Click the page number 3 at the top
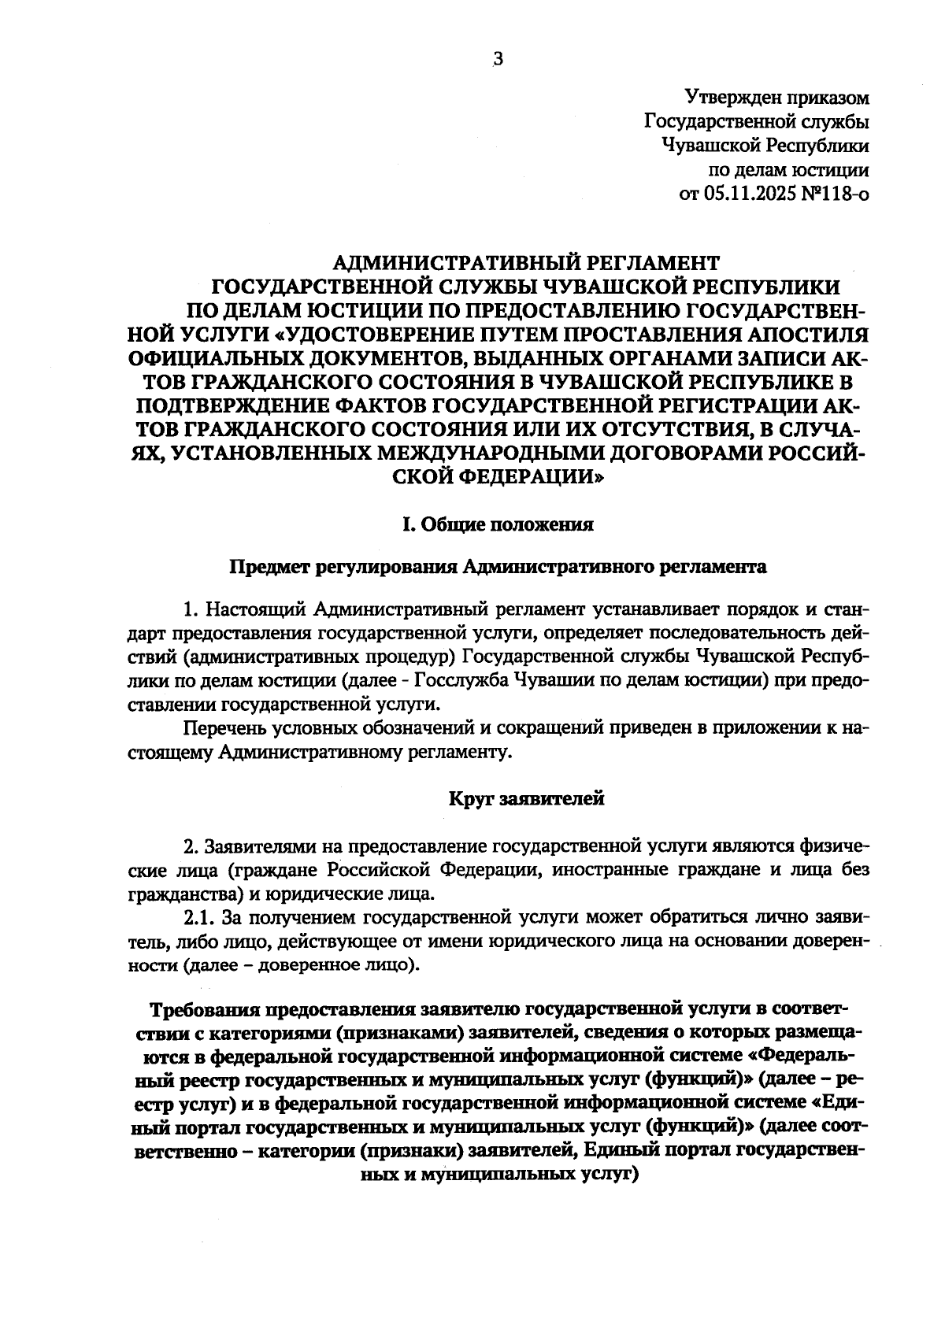pyautogui.click(x=497, y=60)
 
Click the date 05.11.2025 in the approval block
pyautogui.click(x=750, y=193)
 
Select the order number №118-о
pyautogui.click(x=836, y=193)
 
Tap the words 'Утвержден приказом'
pyautogui.click(x=777, y=98)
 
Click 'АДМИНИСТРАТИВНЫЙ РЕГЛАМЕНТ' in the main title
pyautogui.click(x=527, y=262)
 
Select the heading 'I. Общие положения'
pyautogui.click(x=497, y=524)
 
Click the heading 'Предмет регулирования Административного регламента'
pyautogui.click(x=497, y=567)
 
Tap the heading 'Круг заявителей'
pyautogui.click(x=527, y=800)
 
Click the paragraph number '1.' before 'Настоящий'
pyautogui.click(x=189, y=610)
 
